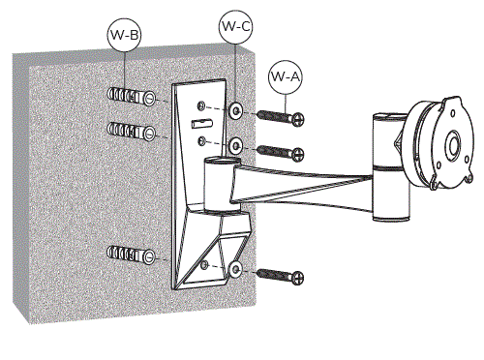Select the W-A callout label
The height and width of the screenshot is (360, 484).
284,74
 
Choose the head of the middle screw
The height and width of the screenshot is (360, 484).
299,153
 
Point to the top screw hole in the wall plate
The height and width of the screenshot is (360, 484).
200,106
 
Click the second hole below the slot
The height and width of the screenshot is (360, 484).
201,142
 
